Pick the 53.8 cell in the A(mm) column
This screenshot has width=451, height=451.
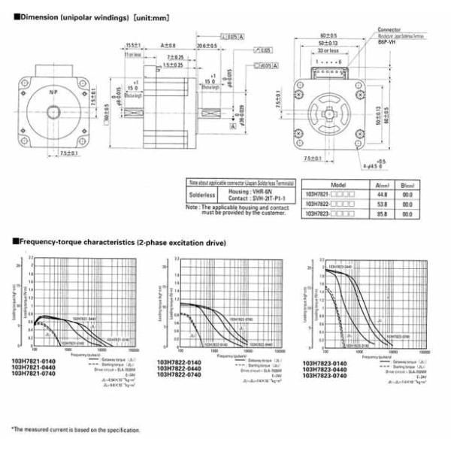[382, 203]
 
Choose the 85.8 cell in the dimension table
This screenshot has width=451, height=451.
[382, 214]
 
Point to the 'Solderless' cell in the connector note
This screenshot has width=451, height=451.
[201, 197]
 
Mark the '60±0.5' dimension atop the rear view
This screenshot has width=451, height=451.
[328, 35]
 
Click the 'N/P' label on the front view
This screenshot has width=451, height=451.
[53, 92]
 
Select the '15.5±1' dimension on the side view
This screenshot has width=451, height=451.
[134, 45]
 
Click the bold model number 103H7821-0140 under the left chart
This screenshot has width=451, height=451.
[32, 362]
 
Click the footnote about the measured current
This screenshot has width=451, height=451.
[75, 430]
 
